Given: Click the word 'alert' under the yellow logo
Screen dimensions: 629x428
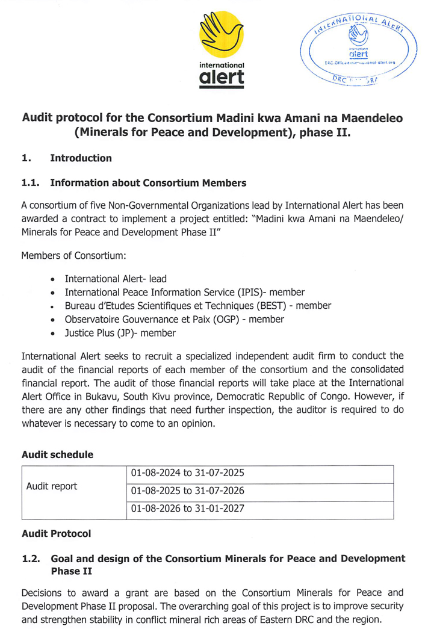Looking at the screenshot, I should tap(222, 78).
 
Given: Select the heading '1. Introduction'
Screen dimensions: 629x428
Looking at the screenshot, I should tap(66, 158).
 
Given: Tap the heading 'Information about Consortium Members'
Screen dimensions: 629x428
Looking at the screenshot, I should tap(149, 182).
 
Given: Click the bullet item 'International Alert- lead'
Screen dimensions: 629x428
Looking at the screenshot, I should tap(116, 279).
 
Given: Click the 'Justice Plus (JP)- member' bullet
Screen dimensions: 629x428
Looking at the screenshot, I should tap(120, 332).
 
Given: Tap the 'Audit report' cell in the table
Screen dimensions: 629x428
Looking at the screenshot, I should tap(52, 486).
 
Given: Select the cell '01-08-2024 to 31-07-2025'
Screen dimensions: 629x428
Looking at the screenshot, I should tap(187, 474).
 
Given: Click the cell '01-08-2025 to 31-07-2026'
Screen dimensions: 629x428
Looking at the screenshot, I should tap(187, 491).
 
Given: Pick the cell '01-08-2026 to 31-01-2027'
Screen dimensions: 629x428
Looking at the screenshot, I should tap(187, 509).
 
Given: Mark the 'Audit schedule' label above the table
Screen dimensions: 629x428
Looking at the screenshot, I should tap(57, 454).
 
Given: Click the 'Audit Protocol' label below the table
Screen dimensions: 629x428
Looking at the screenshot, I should tap(56, 533).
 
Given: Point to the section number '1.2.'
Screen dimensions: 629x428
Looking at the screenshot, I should tap(31, 559).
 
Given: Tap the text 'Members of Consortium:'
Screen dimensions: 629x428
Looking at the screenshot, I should tap(73, 255).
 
